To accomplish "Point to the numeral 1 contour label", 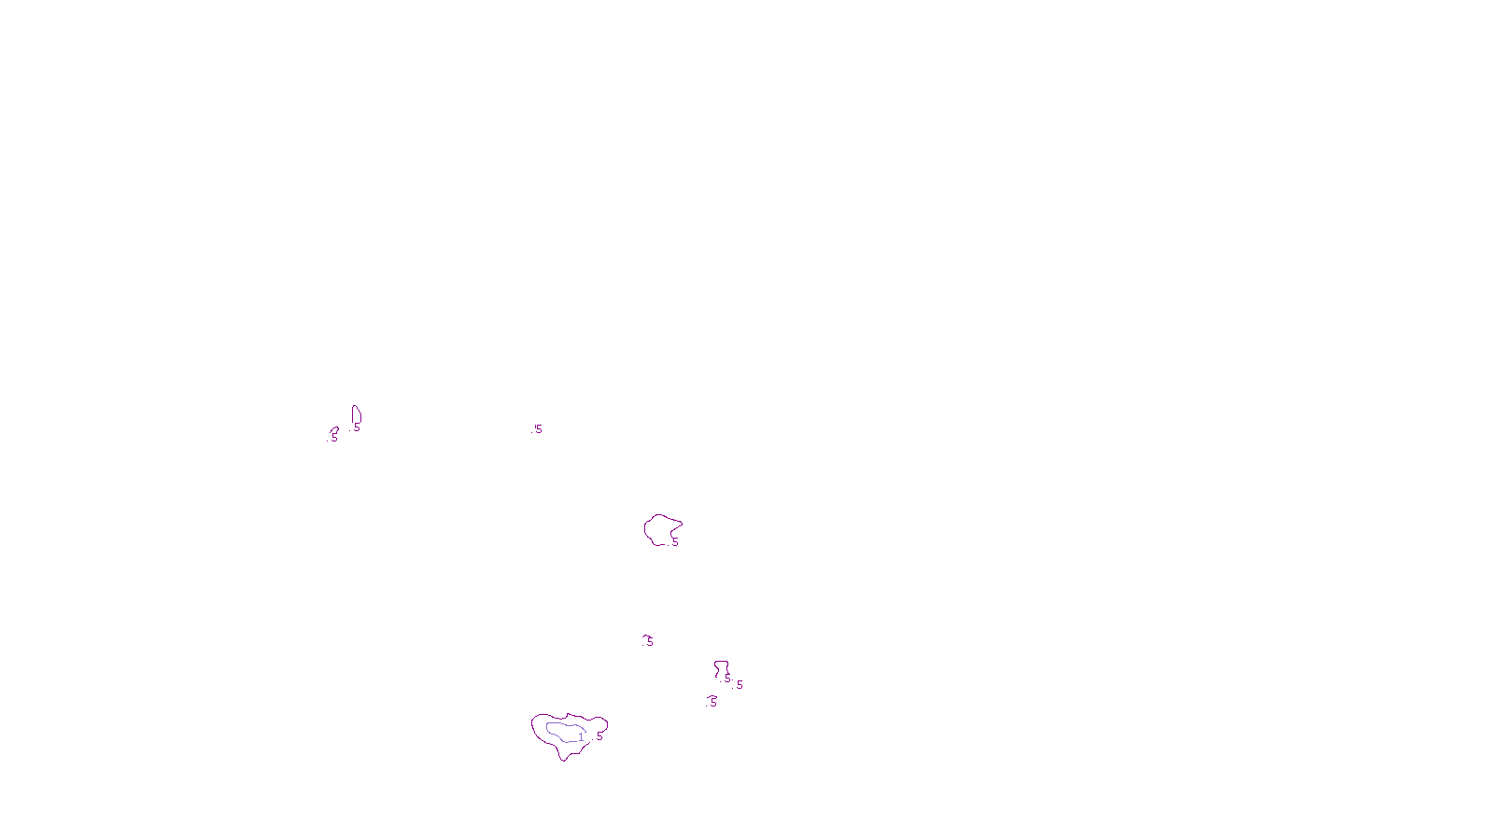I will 581,737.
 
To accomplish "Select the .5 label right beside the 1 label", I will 599,736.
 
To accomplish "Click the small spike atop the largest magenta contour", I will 567,715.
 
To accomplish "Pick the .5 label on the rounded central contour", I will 674,542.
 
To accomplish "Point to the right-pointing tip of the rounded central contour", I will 681,524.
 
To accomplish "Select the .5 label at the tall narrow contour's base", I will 356,427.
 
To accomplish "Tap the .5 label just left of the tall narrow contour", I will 333,438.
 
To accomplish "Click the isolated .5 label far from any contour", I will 537,429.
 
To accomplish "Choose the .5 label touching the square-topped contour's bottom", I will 727,679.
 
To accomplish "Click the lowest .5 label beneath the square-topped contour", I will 712,703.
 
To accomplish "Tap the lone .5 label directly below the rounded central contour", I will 649,642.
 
